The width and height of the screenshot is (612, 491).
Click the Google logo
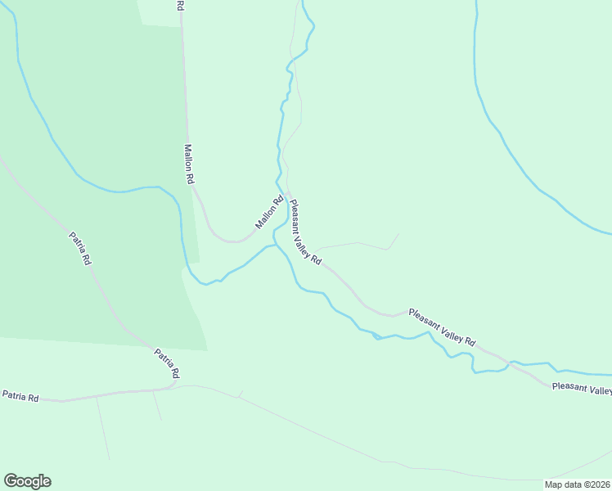point(27,481)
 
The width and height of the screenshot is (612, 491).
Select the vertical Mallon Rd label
point(189,164)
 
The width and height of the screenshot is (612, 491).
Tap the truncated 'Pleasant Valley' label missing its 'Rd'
point(582,389)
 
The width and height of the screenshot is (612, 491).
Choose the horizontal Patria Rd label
point(20,397)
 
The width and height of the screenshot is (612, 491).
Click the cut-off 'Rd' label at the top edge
point(180,5)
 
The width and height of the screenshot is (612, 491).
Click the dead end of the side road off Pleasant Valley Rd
point(398,235)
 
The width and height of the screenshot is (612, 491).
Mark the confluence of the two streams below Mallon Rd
point(274,244)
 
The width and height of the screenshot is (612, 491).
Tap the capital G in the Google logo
point(11,480)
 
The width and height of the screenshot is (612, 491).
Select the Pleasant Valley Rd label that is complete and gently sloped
point(442,327)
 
